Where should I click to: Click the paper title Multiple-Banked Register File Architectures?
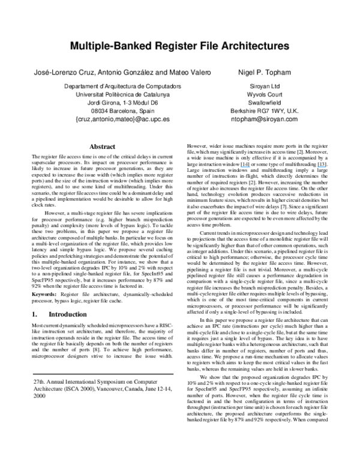(x=179, y=46)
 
